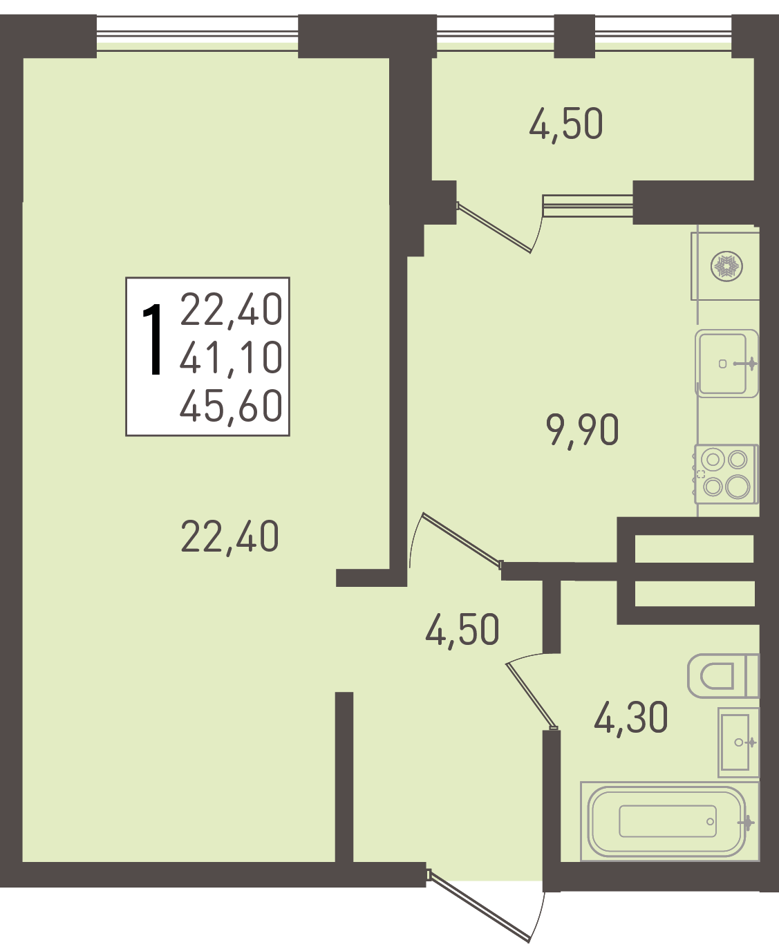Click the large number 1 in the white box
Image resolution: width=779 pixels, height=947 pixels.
(x=152, y=339)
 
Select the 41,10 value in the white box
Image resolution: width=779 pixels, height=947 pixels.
(x=232, y=358)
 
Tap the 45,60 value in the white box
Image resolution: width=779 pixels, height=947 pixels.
(x=232, y=407)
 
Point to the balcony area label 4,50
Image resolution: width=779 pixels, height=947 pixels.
(x=565, y=124)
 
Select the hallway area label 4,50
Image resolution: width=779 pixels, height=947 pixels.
(x=462, y=630)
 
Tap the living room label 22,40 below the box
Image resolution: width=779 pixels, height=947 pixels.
(x=230, y=536)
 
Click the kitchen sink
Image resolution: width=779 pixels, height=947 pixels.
(x=726, y=364)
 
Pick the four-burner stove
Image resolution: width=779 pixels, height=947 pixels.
(x=726, y=474)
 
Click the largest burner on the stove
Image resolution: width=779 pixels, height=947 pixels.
(x=738, y=487)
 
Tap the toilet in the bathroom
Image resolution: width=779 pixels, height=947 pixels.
(x=723, y=676)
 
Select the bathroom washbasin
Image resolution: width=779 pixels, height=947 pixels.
(x=738, y=742)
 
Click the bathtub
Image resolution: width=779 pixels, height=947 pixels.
(x=670, y=822)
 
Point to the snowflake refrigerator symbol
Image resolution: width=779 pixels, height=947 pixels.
(x=726, y=266)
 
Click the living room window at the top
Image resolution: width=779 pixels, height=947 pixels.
(x=197, y=34)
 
